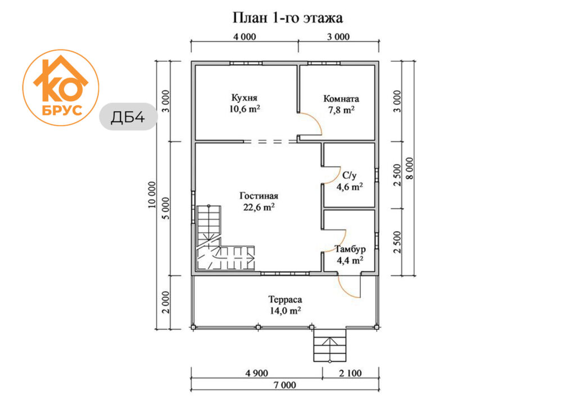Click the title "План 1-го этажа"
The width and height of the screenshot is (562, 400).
(x=287, y=17)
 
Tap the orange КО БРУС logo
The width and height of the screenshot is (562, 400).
(x=61, y=88)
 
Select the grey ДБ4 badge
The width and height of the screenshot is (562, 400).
(x=128, y=116)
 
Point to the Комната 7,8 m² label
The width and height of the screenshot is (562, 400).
(x=341, y=104)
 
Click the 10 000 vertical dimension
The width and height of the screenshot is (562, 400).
(x=152, y=195)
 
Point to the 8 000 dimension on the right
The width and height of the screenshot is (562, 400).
(x=410, y=168)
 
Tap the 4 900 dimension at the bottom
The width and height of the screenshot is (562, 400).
(x=257, y=373)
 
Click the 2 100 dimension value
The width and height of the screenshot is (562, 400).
(x=350, y=373)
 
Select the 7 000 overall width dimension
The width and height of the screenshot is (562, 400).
(x=285, y=385)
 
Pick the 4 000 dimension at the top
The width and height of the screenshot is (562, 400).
(x=244, y=37)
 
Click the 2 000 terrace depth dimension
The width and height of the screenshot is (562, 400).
(x=166, y=302)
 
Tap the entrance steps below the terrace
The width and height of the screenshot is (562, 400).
(x=330, y=345)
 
